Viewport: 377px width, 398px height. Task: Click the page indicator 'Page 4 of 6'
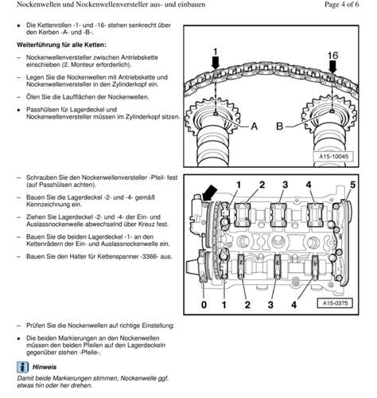pos(341,4)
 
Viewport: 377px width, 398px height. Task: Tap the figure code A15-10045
pos(333,156)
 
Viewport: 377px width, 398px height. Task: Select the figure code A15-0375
pos(335,303)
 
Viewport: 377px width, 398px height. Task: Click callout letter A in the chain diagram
pos(254,126)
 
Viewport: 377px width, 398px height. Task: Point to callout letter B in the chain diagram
pos(280,126)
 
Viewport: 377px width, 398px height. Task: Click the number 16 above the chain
pos(332,56)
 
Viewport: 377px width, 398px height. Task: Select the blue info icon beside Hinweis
pos(23,367)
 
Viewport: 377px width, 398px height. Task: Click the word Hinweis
pos(45,367)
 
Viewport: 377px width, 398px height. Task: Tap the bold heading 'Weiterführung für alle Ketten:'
pos(61,45)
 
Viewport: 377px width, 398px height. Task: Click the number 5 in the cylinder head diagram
pos(352,185)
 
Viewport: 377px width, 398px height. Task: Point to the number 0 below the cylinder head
pos(204,305)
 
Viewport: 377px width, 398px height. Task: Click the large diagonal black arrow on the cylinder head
pos(209,193)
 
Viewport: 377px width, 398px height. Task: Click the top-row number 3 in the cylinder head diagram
pos(285,185)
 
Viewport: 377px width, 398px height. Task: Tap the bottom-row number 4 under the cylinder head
pos(293,305)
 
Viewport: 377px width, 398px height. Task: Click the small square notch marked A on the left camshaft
pos(216,114)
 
